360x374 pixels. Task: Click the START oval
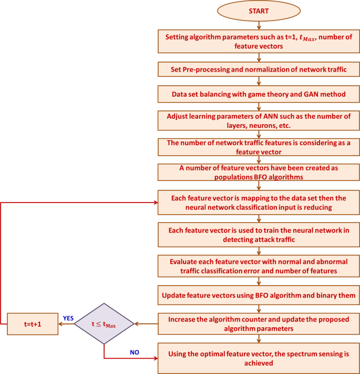pos(258,12)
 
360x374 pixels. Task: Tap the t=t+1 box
pos(32,324)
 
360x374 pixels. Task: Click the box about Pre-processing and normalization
pos(258,69)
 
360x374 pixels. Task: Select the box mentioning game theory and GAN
pos(258,94)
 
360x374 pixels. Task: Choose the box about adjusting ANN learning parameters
pos(258,120)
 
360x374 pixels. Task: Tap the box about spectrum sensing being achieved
pos(258,358)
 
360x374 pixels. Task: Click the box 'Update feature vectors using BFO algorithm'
pos(258,296)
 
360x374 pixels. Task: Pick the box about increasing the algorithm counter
pos(258,324)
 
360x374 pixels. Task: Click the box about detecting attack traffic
pos(258,235)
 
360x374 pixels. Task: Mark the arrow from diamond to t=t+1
pos(65,324)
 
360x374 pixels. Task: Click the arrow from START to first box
pos(258,24)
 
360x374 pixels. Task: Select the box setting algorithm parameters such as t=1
pos(258,41)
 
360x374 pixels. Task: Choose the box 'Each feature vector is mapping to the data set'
pos(258,203)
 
